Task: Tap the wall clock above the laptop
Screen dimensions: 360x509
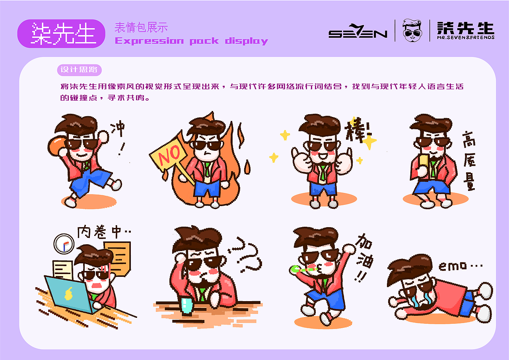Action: pos(64,243)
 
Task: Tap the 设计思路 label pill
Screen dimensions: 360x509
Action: pos(79,70)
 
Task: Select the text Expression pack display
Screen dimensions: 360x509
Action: pos(191,41)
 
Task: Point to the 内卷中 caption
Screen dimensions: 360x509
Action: pos(104,232)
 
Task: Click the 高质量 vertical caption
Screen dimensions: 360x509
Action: pos(469,161)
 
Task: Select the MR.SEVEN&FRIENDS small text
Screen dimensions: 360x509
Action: pos(465,37)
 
